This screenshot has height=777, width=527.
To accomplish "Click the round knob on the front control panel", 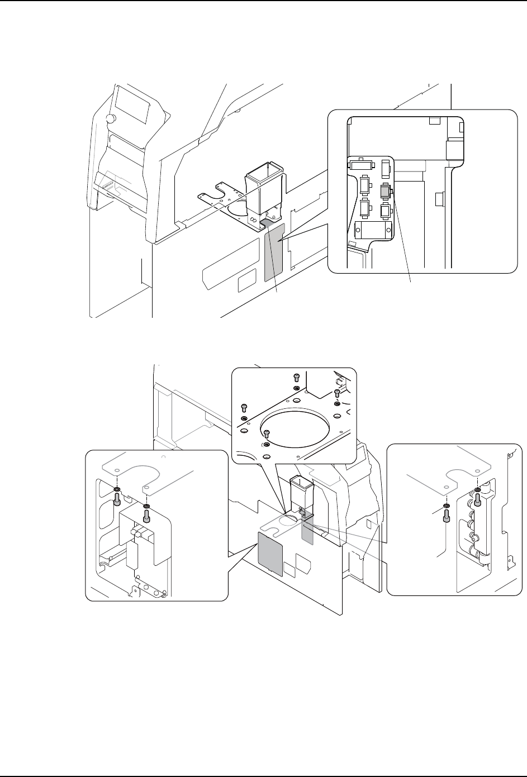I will pos(110,119).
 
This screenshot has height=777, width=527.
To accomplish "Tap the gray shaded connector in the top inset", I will pos(385,191).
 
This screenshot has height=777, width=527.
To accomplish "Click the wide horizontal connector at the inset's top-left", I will pos(363,165).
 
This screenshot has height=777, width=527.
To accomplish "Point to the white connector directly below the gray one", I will pos(384,211).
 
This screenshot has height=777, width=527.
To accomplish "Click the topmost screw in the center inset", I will pos(297,378).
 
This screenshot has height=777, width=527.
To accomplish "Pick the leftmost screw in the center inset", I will pos(244,407).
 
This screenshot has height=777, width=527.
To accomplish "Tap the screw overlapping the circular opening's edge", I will pos(267,433).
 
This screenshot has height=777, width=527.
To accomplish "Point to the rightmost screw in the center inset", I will pos(337,394).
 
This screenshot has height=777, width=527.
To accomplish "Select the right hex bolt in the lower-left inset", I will pos(146,517).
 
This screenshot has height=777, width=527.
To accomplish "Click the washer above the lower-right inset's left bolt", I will pos(446,507).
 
